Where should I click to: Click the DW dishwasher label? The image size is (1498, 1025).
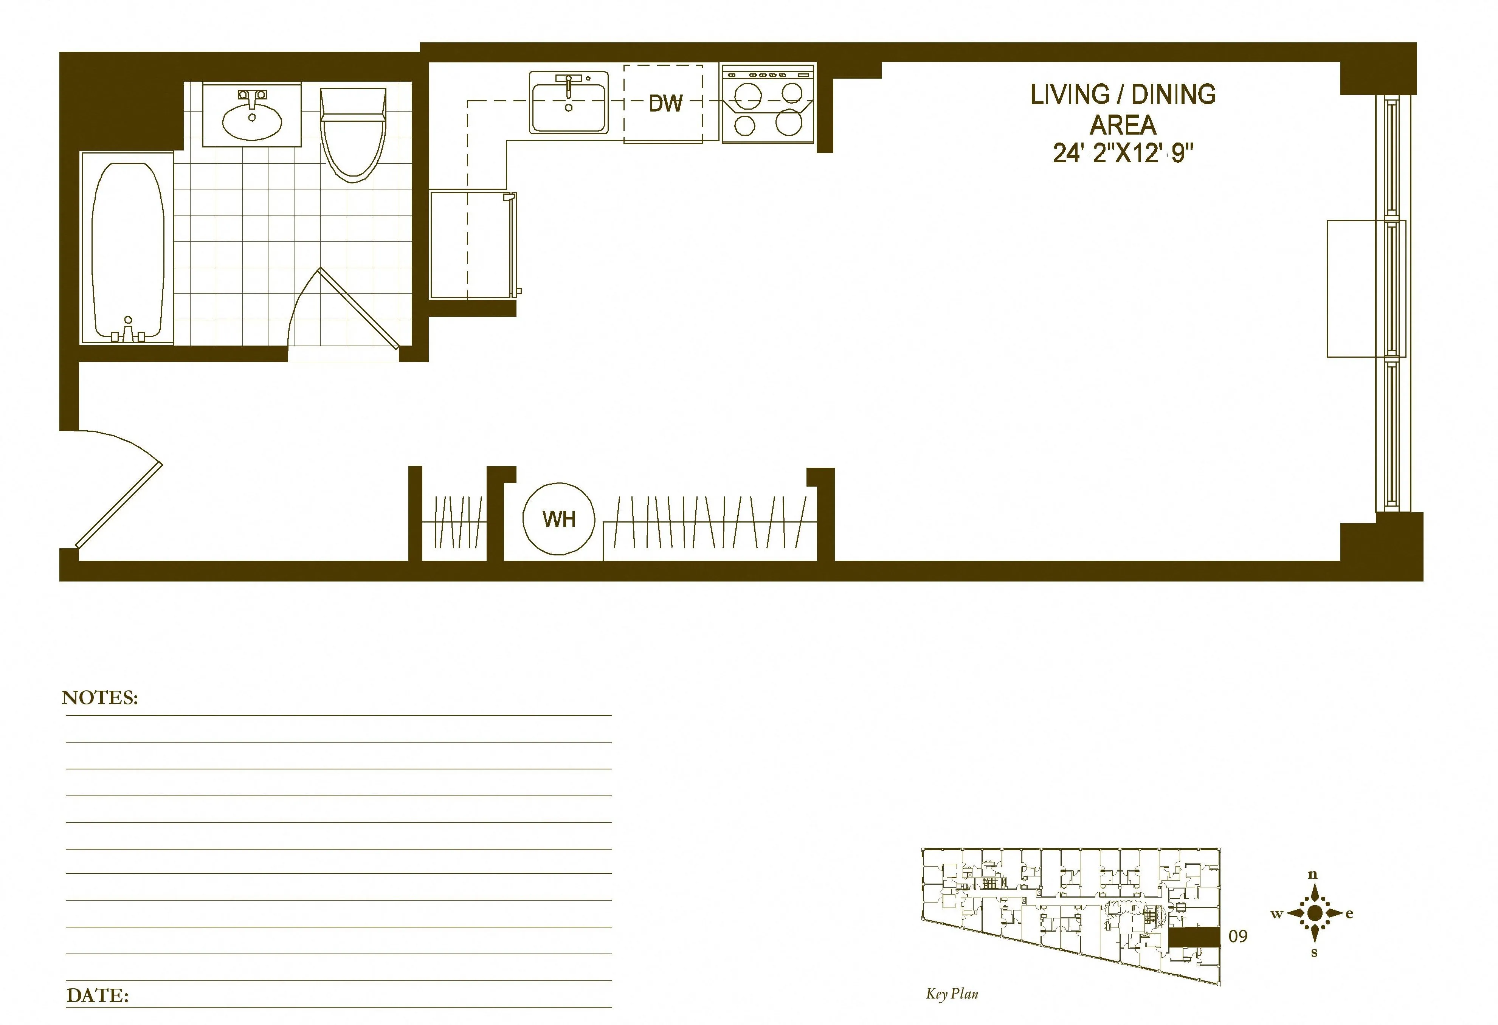[x=665, y=103]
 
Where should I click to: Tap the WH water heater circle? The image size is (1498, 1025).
[x=558, y=519]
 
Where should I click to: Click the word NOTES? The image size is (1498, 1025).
[x=100, y=698]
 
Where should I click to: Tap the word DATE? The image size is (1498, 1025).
[x=97, y=996]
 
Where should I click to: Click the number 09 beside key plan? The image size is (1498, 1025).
[x=1237, y=937]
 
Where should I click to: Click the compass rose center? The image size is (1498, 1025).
[x=1313, y=913]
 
